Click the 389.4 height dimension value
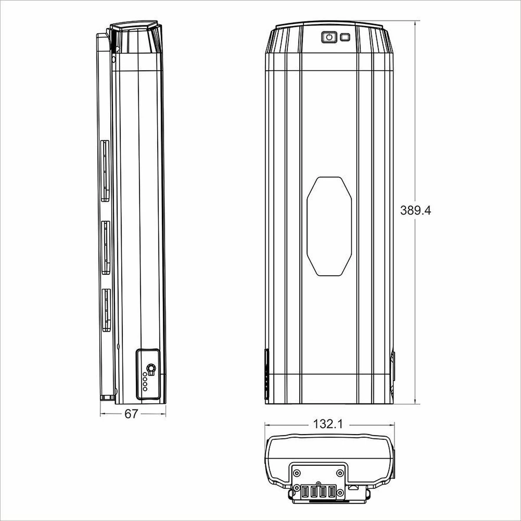coord(415,211)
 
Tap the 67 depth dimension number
coord(132,414)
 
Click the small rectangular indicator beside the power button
coord(345,37)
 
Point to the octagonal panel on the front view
coord(329,226)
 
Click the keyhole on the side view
coord(151,369)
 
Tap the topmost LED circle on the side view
coord(145,374)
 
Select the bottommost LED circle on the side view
coord(145,389)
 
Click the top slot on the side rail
coord(105,171)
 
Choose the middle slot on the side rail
coord(106,247)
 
